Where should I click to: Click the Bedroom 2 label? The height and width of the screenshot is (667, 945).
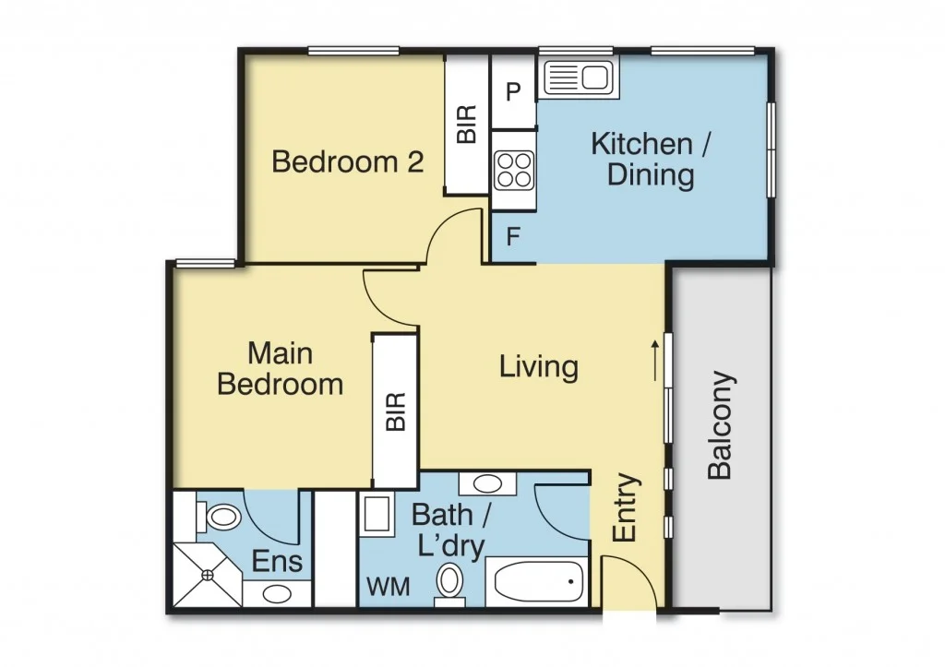point(348,162)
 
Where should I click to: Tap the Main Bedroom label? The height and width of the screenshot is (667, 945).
point(281,368)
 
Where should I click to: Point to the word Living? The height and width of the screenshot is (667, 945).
point(539,366)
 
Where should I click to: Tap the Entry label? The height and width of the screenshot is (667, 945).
point(626,508)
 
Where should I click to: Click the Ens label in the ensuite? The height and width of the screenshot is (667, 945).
point(278,561)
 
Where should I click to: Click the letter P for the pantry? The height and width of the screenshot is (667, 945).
point(514,91)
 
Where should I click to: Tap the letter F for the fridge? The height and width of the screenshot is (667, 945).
point(514,236)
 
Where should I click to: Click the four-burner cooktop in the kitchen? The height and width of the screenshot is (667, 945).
point(514,169)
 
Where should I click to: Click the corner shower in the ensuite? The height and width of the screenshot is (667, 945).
point(206,574)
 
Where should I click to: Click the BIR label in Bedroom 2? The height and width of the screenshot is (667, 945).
point(468,124)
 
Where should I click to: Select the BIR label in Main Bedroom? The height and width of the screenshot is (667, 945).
point(395,411)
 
